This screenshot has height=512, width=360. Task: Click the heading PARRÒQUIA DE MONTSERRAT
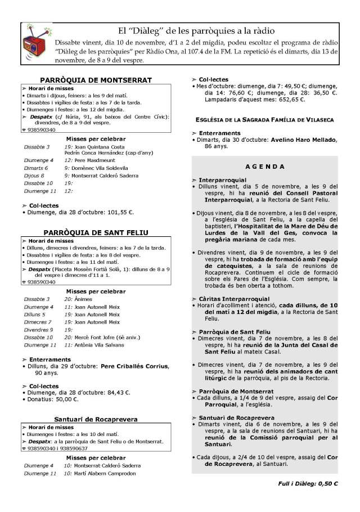tap(95, 80)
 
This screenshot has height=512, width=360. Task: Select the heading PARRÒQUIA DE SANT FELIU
tap(96, 232)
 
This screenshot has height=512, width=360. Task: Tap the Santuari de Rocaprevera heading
tap(96, 419)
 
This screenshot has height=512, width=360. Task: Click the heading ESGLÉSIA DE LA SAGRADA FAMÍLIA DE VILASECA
tap(264, 120)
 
